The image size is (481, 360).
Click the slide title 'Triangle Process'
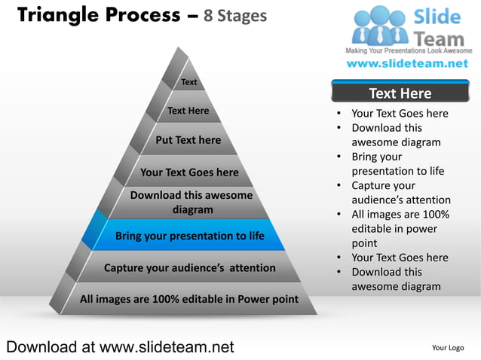98,14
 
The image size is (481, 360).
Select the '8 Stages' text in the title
234,15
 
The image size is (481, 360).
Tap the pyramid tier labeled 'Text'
189,82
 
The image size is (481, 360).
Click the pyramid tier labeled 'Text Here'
188,111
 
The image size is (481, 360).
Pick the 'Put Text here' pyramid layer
188,140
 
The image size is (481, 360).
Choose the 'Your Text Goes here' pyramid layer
189,172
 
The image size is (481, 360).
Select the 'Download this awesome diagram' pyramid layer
191,203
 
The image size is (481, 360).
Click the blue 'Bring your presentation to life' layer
189,236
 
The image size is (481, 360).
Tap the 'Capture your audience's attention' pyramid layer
189,267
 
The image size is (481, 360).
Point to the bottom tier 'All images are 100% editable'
189,299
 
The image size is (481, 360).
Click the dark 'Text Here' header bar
400,93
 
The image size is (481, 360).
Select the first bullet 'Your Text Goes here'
400,114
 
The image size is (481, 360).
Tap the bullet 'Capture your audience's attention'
400,193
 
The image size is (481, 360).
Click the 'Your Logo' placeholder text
447,348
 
